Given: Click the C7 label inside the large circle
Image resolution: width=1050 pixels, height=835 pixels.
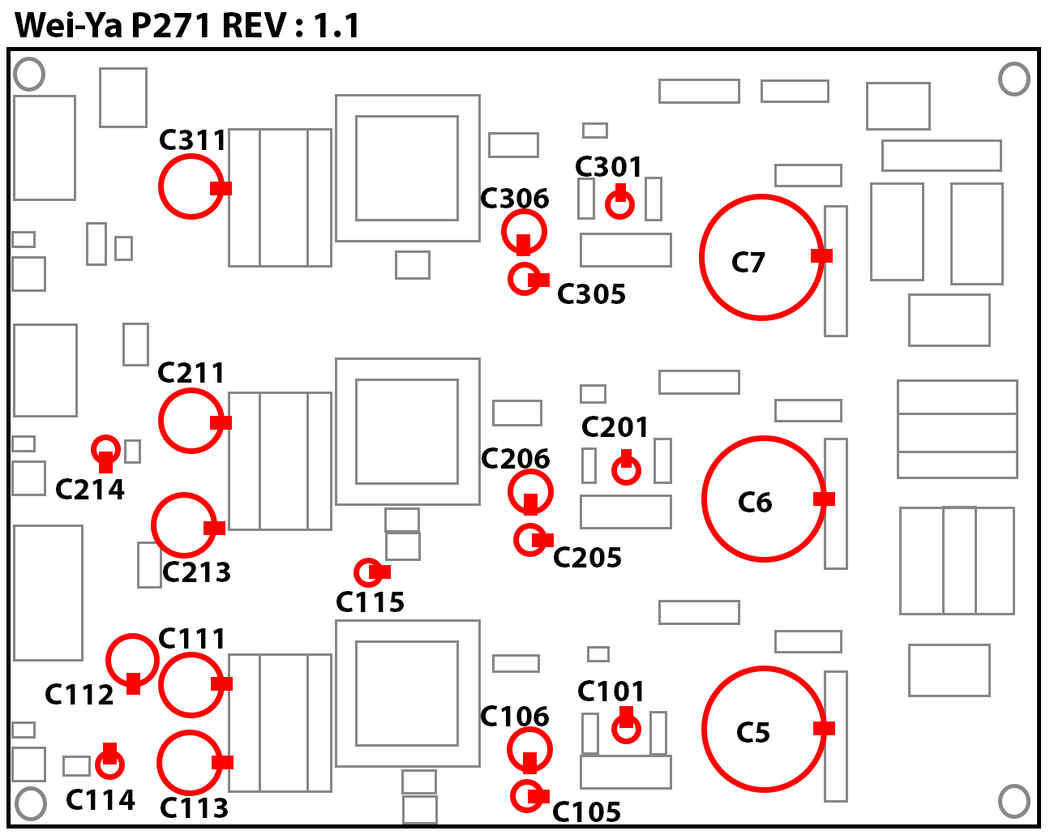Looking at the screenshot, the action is coord(748,263).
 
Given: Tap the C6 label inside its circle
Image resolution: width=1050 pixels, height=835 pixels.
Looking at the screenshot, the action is coord(754,502).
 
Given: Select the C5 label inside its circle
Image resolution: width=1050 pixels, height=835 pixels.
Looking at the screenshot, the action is coord(753,733).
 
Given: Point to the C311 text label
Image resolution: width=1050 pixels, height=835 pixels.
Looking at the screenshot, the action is coord(192,140).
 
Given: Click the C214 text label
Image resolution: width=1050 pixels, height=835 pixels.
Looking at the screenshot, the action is coord(90,490).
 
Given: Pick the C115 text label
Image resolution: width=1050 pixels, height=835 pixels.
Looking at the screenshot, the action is coord(370,602).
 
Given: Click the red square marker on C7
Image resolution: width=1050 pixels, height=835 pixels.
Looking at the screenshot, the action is coord(821,255).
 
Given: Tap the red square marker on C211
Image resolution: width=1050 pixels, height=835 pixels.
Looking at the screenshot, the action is coord(221,422).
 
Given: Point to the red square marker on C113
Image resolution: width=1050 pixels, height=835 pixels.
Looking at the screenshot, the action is coord(222,762).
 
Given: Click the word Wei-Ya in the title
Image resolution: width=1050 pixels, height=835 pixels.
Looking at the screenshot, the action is coord(69,25).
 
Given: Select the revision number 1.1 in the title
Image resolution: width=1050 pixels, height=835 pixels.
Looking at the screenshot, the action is coord(336,25).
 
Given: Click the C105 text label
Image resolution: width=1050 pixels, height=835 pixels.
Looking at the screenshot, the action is coord(586,812).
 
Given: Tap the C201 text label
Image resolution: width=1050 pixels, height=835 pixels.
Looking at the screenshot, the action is coord(615,427).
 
